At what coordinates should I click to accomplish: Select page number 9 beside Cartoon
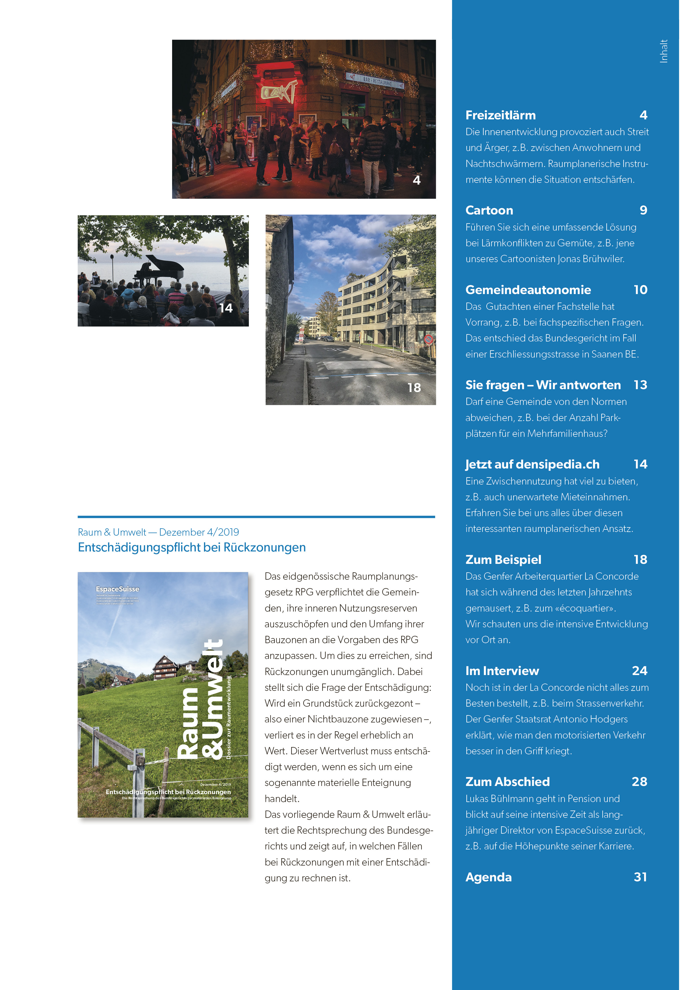[x=643, y=211]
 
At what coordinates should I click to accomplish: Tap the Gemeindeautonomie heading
[x=528, y=290]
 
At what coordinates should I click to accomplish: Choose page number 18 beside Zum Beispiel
[x=640, y=560]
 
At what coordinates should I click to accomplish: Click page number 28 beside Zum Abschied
[x=639, y=782]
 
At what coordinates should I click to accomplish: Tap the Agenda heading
[x=488, y=877]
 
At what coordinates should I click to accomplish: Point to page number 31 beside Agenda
[x=640, y=877]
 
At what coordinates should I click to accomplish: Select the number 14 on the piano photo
[x=225, y=308]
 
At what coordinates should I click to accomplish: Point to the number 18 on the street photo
[x=414, y=388]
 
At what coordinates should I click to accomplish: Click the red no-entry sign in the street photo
[x=428, y=339]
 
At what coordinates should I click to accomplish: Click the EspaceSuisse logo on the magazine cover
[x=117, y=589]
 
